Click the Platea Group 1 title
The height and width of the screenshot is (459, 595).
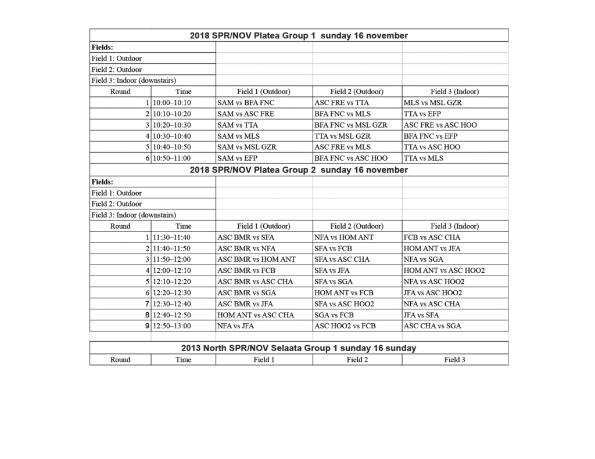click(299, 35)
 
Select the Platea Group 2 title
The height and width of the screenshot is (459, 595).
click(299, 170)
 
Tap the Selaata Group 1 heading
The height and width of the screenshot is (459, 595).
click(299, 348)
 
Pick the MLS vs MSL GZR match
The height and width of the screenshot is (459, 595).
click(433, 103)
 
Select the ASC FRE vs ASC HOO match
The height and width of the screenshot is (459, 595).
click(440, 125)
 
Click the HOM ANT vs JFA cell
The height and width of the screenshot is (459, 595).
click(432, 248)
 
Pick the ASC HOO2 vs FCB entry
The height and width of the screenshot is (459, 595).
click(345, 326)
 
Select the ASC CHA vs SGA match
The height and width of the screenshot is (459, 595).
click(432, 326)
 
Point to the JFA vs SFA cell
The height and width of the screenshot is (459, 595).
click(422, 315)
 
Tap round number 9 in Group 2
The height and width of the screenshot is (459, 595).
click(147, 326)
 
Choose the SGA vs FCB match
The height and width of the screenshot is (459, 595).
click(338, 315)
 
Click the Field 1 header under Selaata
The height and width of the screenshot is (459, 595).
click(264, 360)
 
